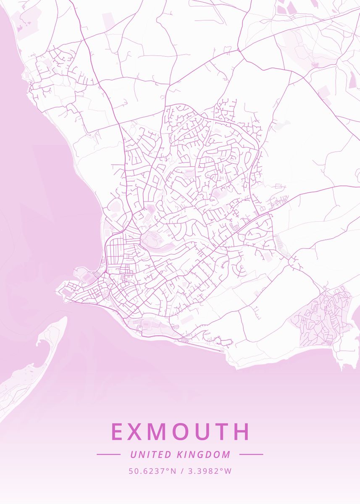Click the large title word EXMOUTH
(x=180, y=432)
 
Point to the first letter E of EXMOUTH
(x=118, y=432)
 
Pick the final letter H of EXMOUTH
(x=242, y=432)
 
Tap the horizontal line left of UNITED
(x=109, y=454)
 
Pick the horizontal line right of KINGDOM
(x=251, y=454)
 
